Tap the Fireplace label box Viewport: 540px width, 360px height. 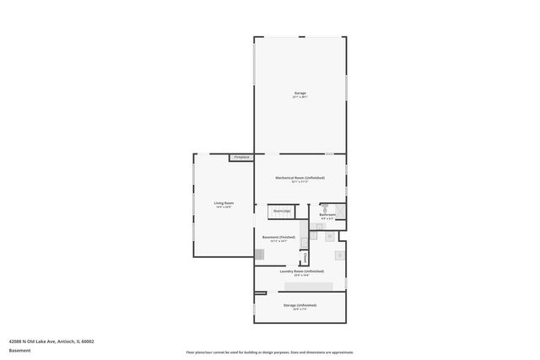click(241, 157)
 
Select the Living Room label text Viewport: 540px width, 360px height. click(224, 203)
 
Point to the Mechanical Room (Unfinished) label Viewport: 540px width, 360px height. click(300, 178)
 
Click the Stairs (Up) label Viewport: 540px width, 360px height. click(282, 211)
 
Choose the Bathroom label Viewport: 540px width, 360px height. click(327, 215)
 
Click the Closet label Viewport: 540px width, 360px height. click(294, 257)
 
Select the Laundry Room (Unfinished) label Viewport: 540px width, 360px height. click(301, 271)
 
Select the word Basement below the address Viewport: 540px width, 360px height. click(19, 351)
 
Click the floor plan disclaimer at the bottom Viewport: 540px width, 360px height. click(270, 352)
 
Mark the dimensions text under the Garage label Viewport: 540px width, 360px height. click(300, 97)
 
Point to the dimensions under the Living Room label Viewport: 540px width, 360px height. click(224, 207)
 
